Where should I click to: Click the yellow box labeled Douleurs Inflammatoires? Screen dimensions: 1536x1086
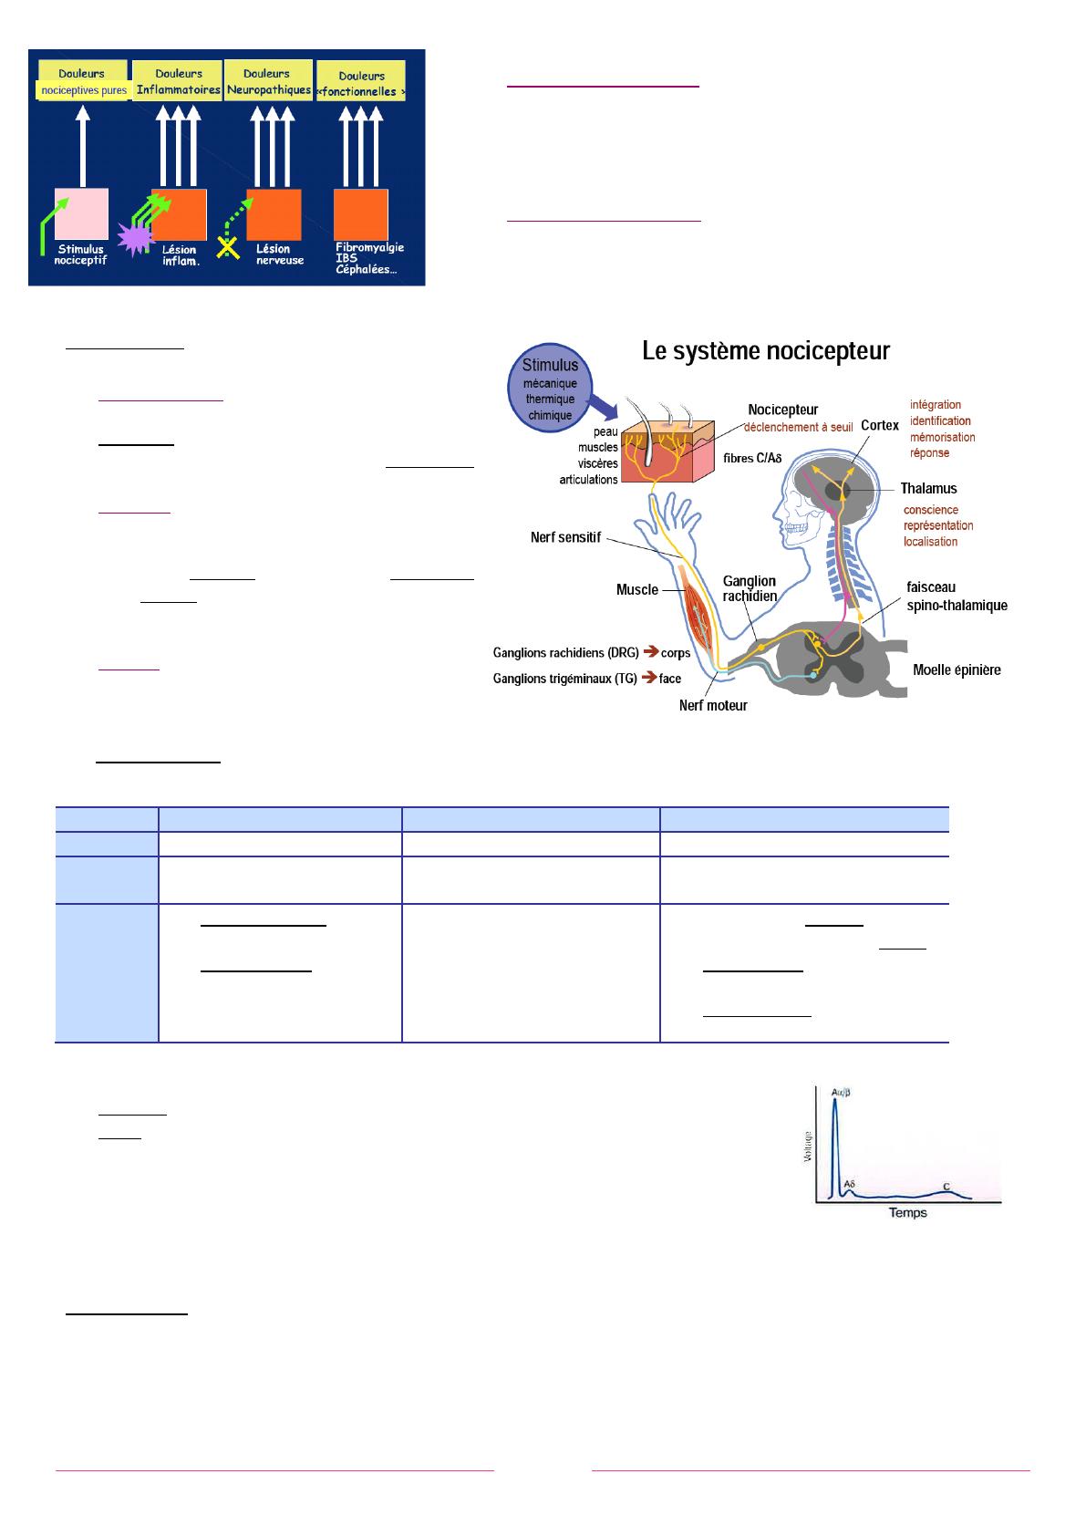(x=178, y=81)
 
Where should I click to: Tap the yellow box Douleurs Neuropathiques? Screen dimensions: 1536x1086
(x=267, y=81)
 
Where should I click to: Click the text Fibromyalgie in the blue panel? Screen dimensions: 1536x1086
(x=369, y=247)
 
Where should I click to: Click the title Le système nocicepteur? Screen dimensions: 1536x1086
(x=766, y=351)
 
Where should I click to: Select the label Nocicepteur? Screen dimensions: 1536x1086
(x=782, y=410)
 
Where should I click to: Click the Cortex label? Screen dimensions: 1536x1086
(x=880, y=425)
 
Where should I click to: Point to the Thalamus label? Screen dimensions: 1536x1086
(x=928, y=489)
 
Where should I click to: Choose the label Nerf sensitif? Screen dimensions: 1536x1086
(x=565, y=538)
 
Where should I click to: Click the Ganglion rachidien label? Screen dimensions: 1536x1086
(x=750, y=589)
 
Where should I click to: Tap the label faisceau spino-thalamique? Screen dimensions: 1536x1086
(x=957, y=596)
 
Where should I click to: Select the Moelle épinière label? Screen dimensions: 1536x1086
(x=957, y=670)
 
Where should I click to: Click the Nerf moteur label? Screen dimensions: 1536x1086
(x=713, y=705)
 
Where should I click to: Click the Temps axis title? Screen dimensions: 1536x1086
(x=908, y=1212)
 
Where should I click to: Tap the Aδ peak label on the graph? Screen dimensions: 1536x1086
(x=849, y=1184)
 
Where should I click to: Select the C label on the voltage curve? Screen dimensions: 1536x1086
(x=946, y=1186)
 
